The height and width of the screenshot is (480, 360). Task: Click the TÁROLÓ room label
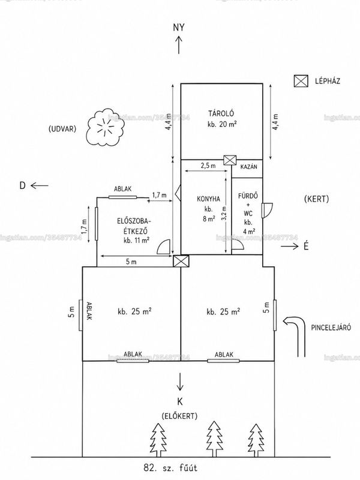click(221, 113)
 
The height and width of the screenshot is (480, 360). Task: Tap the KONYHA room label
click(208, 199)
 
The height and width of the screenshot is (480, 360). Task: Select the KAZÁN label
click(248, 167)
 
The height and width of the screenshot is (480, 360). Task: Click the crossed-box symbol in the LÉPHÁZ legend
click(301, 81)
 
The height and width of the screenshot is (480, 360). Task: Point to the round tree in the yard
click(106, 127)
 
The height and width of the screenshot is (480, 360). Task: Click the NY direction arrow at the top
click(179, 45)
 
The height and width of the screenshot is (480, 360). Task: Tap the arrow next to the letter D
click(40, 185)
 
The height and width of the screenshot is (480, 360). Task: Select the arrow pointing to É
click(290, 246)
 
